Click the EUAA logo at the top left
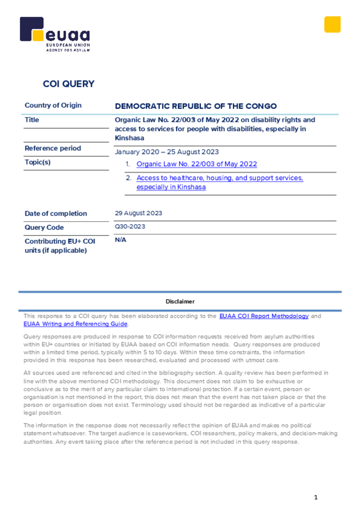[x=55, y=34]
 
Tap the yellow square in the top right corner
[x=332, y=24]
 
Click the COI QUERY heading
[x=69, y=84]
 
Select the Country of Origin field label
[x=53, y=105]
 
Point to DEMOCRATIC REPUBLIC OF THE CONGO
[x=196, y=106]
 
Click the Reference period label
[x=53, y=148]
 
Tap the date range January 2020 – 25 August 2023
[x=167, y=152]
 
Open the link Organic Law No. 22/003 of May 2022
[x=196, y=164]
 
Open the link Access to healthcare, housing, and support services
[x=219, y=178]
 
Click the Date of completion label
[x=56, y=214]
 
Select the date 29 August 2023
[x=138, y=213]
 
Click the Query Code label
[x=44, y=228]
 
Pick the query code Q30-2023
[x=130, y=227]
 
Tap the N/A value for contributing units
[x=120, y=240]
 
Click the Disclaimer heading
[x=180, y=302]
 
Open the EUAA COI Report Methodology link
[x=264, y=316]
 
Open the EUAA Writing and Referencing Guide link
[x=76, y=324]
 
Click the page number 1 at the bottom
[x=315, y=498]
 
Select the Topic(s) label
[x=38, y=162]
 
